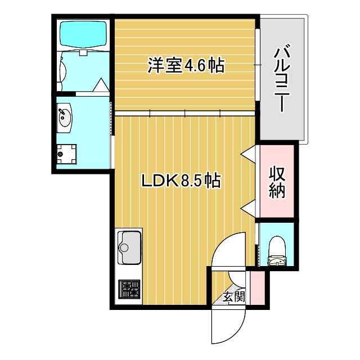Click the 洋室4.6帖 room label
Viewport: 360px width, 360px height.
click(x=186, y=65)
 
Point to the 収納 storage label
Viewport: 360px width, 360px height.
click(x=277, y=181)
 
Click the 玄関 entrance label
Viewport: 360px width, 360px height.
click(x=233, y=297)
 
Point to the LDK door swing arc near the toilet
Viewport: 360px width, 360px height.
click(x=228, y=250)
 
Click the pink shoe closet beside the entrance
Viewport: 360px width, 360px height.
click(x=256, y=286)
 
